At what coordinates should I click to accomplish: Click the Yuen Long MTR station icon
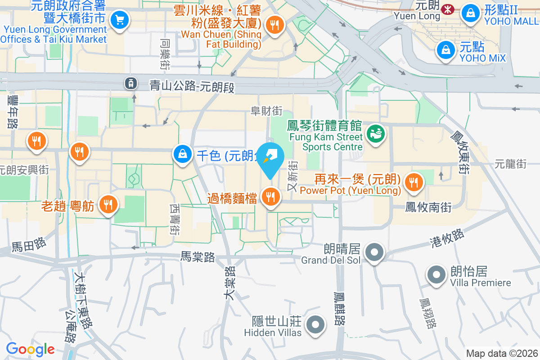448,9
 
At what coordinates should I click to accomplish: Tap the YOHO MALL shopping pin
470,12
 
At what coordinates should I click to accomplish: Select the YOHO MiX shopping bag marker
445,49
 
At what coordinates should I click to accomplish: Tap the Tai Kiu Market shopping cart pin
120,20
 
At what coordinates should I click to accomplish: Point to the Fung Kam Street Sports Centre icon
375,133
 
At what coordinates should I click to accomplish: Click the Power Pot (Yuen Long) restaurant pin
413,182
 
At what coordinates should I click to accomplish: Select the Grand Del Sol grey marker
374,252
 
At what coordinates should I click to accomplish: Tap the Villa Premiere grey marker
436,274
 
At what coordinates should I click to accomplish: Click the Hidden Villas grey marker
315,324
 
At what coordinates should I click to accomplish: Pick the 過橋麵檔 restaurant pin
270,197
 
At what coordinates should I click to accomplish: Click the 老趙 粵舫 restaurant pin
108,204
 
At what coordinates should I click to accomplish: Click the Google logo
30,349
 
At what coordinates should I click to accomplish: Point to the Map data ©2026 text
501,353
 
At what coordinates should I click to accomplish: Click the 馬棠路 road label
198,257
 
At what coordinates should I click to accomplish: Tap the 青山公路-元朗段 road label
192,85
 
